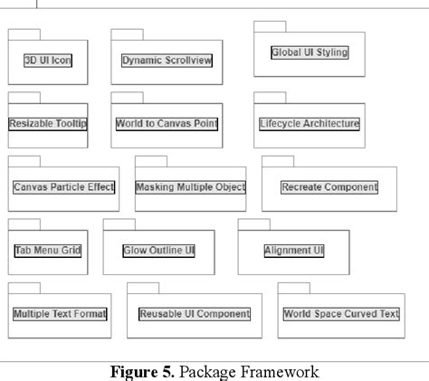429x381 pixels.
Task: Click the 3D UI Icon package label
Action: click(x=48, y=61)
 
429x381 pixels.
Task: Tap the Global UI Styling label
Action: click(x=309, y=52)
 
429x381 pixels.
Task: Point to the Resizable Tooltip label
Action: click(x=48, y=123)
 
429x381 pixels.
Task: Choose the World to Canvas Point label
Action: click(x=167, y=123)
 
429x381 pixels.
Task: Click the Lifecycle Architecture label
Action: click(x=309, y=123)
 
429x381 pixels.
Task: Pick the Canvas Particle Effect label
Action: click(x=63, y=187)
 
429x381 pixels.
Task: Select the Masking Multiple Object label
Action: click(x=190, y=187)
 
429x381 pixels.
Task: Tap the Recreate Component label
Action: click(x=329, y=187)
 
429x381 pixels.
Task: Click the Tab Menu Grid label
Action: click(x=48, y=250)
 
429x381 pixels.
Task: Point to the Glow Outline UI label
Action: click(x=158, y=250)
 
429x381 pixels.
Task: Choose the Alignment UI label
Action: click(x=293, y=250)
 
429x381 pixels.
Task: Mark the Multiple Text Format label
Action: click(x=60, y=314)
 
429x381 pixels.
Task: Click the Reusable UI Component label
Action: click(x=194, y=314)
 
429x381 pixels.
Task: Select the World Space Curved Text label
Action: click(x=340, y=314)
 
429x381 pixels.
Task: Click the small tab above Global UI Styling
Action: click(x=269, y=27)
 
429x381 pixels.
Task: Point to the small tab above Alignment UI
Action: click(x=253, y=224)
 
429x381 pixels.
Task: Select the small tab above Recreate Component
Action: click(x=277, y=160)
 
